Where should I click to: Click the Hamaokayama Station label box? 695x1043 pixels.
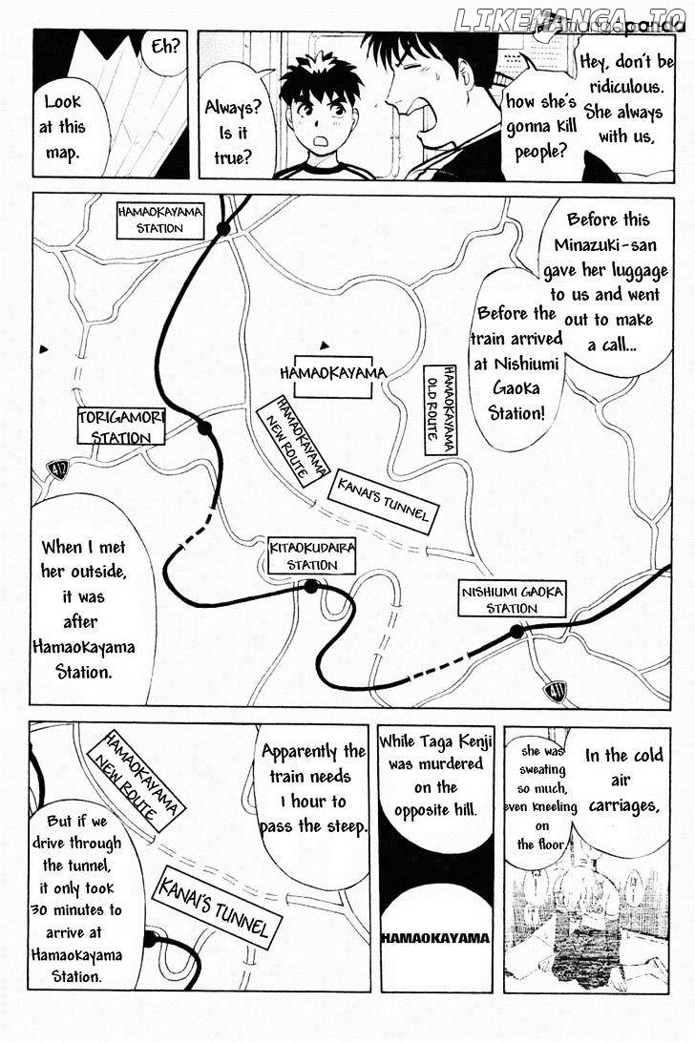point(159,220)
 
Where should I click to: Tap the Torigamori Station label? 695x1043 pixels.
point(120,427)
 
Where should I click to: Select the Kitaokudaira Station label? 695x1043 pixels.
point(311,555)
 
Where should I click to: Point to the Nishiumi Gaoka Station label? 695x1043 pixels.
point(512,598)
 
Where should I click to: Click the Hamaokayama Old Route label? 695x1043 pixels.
point(441,409)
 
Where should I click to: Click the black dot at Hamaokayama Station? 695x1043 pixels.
point(223,229)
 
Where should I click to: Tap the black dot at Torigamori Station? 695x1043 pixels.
point(204,428)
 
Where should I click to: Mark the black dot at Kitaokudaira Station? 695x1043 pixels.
point(311,586)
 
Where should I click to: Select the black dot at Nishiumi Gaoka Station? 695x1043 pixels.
point(516,632)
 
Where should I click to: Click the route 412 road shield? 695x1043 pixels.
point(58,470)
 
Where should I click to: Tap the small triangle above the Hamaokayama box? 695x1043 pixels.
point(325,345)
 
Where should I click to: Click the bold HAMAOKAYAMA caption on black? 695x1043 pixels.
point(435,938)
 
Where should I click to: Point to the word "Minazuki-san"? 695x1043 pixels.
point(605,245)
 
